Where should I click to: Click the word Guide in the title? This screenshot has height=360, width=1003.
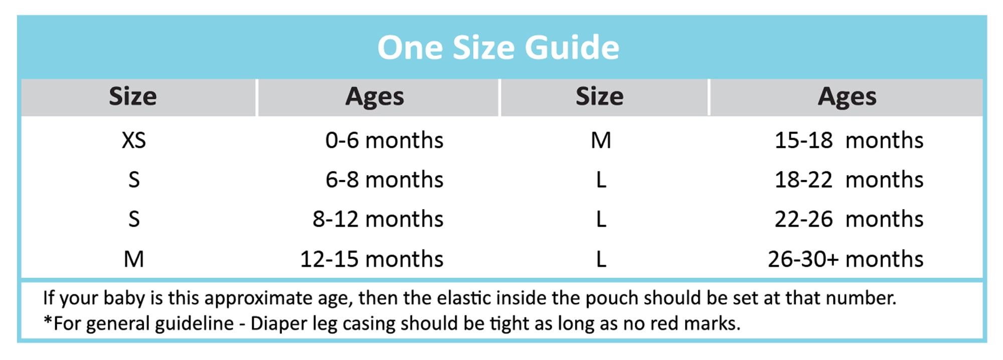tap(572, 48)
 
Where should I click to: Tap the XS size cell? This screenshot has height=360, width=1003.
tap(134, 140)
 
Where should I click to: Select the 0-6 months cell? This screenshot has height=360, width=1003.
tap(384, 140)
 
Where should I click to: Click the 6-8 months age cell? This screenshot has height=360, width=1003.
tap(384, 179)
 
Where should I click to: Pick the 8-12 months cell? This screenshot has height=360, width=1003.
tap(378, 219)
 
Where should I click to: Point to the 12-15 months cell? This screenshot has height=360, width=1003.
tap(372, 259)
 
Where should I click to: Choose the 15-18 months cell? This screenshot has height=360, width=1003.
tap(849, 140)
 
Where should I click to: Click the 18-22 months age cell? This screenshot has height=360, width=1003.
tap(849, 179)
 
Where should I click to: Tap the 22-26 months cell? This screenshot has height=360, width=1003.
tap(849, 219)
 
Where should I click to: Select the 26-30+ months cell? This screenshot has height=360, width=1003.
tap(846, 259)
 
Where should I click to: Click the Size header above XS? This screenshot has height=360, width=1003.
tap(133, 96)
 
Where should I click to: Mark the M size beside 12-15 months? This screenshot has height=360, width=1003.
tap(134, 259)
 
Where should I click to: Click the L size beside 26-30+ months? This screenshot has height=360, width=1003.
tap(601, 259)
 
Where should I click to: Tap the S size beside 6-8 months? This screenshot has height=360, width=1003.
tap(134, 179)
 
